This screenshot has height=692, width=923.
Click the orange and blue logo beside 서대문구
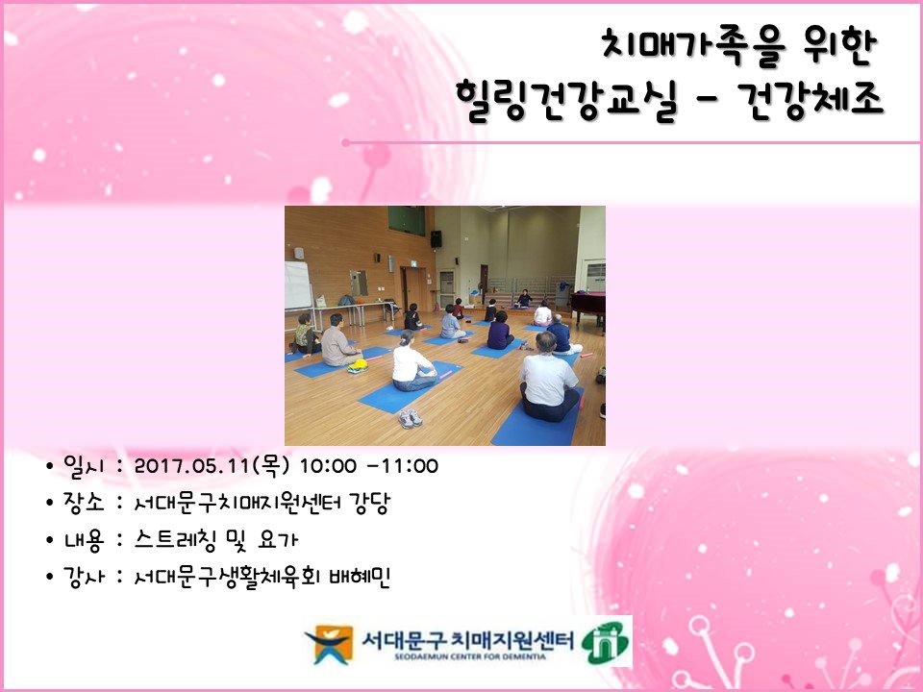coord(327,643)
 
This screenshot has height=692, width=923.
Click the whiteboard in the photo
coord(297,285)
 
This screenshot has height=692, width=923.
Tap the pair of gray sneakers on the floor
coord(411,418)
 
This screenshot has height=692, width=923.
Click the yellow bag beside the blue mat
coord(358,365)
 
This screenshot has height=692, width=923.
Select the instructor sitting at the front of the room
coord(524,299)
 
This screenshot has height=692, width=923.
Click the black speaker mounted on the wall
coord(436,238)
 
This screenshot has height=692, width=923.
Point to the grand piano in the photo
coord(587,306)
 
